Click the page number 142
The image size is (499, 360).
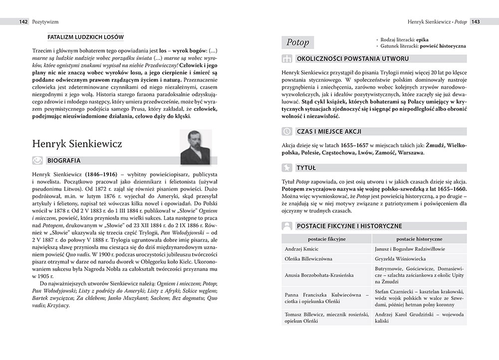(x=22, y=22)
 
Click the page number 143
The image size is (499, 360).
(x=476, y=22)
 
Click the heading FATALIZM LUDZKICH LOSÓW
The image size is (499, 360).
(x=85, y=37)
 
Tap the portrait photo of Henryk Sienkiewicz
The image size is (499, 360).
(x=196, y=147)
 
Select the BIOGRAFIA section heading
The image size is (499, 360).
(x=63, y=161)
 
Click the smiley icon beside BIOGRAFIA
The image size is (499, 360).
(x=37, y=161)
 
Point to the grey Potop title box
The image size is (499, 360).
(x=298, y=42)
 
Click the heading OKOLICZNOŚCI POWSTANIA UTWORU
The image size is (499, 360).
(x=353, y=59)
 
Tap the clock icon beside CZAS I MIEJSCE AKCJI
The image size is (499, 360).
(x=287, y=131)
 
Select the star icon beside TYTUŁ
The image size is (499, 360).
(x=287, y=168)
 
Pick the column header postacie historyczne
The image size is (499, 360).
(x=420, y=239)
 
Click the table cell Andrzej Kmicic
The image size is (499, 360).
(x=301, y=249)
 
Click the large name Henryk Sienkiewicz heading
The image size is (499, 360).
(x=77, y=144)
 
